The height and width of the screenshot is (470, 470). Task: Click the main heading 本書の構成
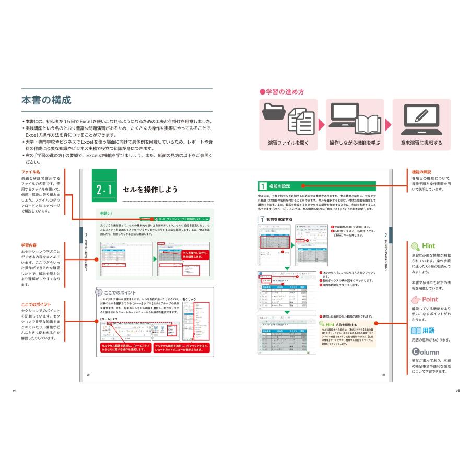coord(46,99)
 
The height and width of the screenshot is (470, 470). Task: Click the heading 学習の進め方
coord(282,92)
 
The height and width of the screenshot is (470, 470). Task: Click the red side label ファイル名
coord(31,171)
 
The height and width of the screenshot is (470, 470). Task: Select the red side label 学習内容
coord(32,244)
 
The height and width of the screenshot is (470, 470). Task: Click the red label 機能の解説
coord(421,172)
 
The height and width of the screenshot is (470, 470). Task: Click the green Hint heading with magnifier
coord(423,245)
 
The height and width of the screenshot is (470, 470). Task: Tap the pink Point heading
coord(425,299)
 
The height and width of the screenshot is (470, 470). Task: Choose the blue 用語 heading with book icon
coord(424,330)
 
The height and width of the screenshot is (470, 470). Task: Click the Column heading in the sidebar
coord(426,352)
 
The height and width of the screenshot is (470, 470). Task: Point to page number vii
coord(457,389)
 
